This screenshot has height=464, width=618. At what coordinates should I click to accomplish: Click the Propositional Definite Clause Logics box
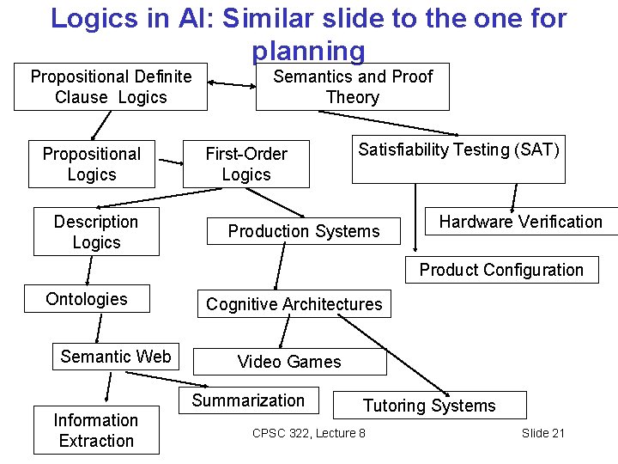pos(111,87)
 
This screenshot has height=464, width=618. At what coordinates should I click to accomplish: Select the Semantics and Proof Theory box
pos(352,87)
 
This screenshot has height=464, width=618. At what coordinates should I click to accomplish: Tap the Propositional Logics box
pos(92,164)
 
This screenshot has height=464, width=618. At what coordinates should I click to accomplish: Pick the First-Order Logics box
pos(245,164)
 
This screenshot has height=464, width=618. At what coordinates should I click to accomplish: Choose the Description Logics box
pos(96,232)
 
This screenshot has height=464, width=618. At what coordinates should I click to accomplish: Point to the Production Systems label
pos(303,231)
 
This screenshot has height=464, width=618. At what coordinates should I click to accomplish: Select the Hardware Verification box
pos(520,222)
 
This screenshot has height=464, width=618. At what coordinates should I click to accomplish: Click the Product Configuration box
pos(501,270)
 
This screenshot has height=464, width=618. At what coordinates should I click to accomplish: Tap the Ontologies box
pos(87,299)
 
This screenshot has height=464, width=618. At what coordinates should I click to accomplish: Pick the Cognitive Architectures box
pos(294,304)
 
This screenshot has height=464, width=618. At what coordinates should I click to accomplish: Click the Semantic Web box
pos(116,357)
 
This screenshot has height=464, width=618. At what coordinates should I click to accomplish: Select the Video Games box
pos(289,362)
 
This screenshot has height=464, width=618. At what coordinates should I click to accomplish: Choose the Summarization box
pos(248,400)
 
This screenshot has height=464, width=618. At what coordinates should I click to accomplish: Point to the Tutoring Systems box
pos(429,406)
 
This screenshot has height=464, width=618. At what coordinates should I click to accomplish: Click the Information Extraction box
pos(96,430)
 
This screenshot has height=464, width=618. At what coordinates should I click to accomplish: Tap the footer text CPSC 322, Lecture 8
pos(309,433)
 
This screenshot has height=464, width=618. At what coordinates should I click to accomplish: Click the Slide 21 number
pos(543,433)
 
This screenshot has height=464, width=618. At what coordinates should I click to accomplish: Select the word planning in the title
pos(309,52)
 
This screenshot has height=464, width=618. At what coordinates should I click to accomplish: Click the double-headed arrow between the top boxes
pos(232,85)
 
